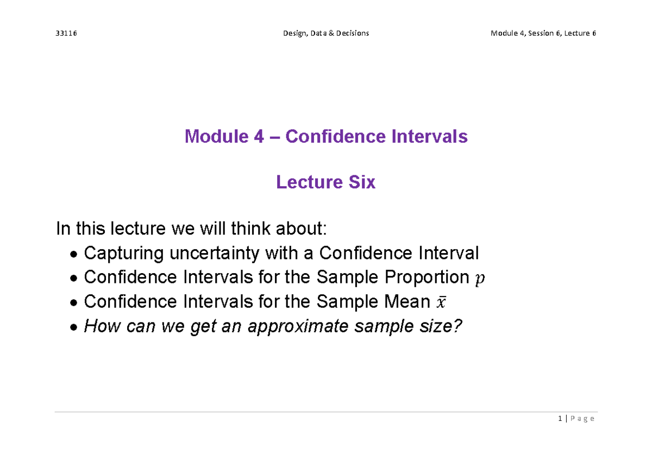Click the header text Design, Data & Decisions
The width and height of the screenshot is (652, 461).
tap(325, 33)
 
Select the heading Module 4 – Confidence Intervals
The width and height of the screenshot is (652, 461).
tap(326, 136)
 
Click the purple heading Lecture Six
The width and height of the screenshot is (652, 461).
tap(325, 182)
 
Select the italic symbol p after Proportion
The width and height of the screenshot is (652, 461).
tap(478, 279)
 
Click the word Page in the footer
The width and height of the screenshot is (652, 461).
tap(582, 419)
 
